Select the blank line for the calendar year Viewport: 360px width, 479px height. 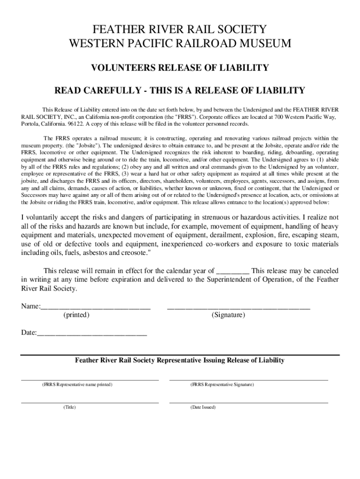tap(233, 271)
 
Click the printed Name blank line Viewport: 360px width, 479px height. tap(96, 307)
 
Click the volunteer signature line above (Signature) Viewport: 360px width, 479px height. tap(238, 307)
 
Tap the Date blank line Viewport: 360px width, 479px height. tap(92, 334)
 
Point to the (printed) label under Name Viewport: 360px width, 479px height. tap(76, 315)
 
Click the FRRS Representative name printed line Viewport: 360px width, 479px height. tap(90, 379)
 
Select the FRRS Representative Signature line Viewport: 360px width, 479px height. tap(248, 379)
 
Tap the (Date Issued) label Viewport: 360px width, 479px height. tap(203, 407)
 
